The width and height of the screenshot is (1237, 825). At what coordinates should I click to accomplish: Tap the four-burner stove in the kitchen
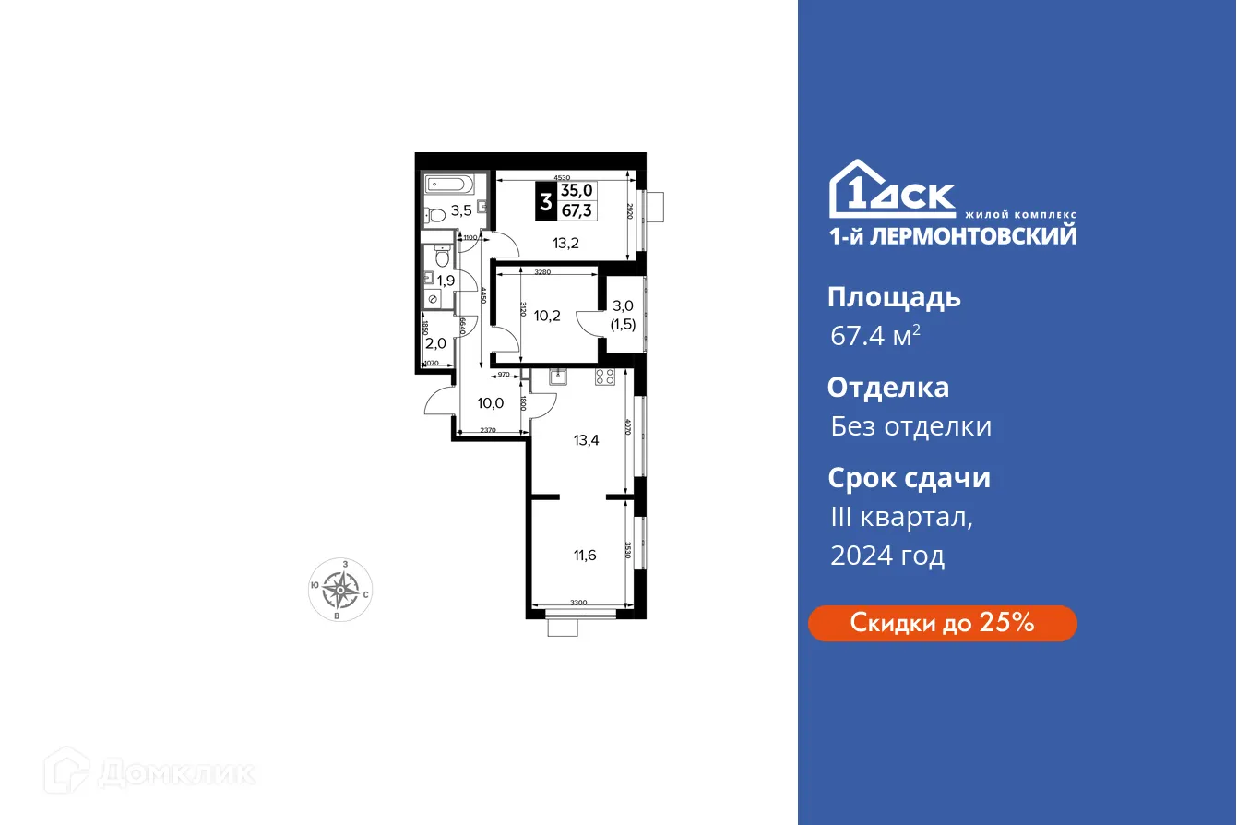pos(605,376)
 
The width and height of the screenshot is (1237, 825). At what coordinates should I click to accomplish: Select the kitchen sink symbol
pos(556,376)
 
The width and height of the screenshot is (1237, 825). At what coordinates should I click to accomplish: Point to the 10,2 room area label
pos(548,316)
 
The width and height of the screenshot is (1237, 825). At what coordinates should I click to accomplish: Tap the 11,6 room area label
pos(584,555)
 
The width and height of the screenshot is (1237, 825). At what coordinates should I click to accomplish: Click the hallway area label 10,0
pos(490,402)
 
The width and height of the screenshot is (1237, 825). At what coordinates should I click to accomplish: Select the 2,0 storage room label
pos(434,344)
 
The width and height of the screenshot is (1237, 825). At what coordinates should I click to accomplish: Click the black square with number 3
pos(546,200)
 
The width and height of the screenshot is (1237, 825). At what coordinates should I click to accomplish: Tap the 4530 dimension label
pos(562,177)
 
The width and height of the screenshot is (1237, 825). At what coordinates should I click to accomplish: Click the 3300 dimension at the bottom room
pos(578,603)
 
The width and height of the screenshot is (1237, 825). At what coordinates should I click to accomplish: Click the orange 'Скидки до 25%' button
pos(942,623)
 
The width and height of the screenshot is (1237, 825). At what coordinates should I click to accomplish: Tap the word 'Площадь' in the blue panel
pos(894,297)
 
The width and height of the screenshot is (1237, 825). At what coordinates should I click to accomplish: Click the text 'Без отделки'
pos(910,426)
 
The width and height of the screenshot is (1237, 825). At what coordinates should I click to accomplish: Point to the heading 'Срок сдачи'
pos(909,478)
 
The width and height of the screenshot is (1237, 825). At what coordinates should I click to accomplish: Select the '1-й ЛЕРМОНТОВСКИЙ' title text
pos(952,235)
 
